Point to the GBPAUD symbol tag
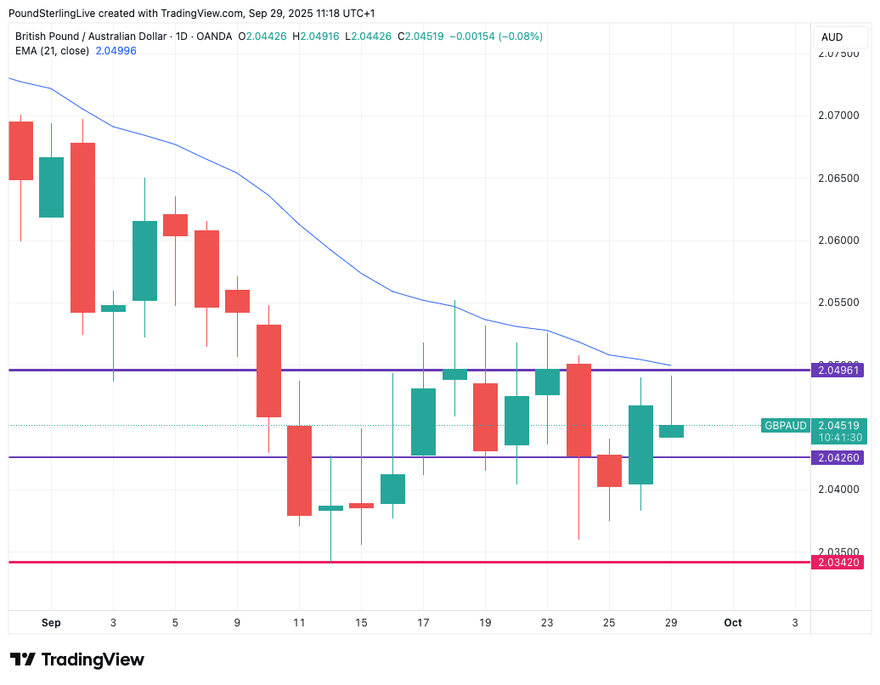pyautogui.click(x=786, y=426)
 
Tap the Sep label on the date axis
pyautogui.click(x=51, y=623)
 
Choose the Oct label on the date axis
pyautogui.click(x=733, y=623)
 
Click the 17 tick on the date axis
pyautogui.click(x=423, y=623)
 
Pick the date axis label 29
pyautogui.click(x=671, y=623)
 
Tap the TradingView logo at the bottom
pyautogui.click(x=77, y=660)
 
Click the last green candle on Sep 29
pyautogui.click(x=671, y=431)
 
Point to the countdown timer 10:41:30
pyautogui.click(x=840, y=438)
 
